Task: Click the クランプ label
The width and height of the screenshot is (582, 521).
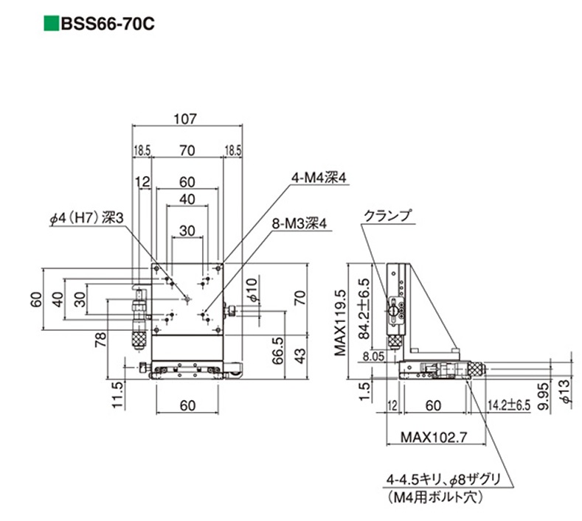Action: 387,217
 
